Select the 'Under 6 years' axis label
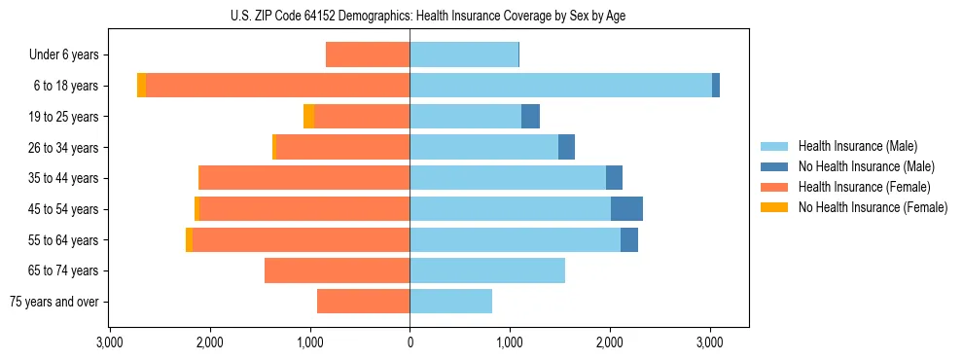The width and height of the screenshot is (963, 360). (63, 54)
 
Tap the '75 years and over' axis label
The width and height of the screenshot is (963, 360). (54, 302)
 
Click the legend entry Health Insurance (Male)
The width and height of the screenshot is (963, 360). (857, 146)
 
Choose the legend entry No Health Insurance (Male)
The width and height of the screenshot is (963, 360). (866, 166)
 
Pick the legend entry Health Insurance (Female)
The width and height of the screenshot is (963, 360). (864, 187)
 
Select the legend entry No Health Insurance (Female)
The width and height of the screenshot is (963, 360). (873, 207)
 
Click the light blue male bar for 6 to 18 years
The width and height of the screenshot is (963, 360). (560, 86)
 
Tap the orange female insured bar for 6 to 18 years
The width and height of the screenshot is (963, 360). (277, 86)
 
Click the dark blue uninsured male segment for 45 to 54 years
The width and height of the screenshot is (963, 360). (626, 209)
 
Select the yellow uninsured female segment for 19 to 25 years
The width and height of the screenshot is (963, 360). (308, 117)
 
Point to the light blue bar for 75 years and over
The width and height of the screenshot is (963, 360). (450, 302)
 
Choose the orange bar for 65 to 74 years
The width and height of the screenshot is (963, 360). (337, 270)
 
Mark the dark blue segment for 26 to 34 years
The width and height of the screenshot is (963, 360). (566, 147)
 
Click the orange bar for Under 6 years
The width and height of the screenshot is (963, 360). (368, 54)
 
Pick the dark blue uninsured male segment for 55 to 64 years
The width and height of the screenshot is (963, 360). (629, 239)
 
